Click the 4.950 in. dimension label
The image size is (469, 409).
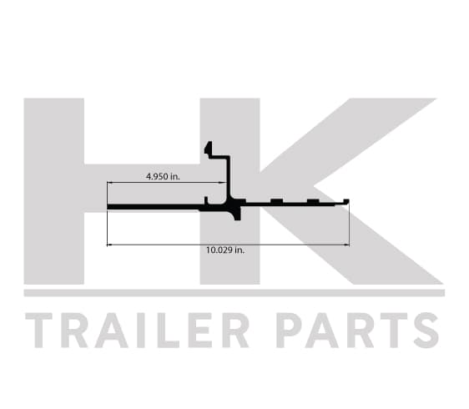(x=163, y=176)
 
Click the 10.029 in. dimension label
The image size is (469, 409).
(x=225, y=250)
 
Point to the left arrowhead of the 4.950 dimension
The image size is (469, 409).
(x=109, y=182)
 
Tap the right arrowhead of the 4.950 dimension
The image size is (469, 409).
(x=224, y=182)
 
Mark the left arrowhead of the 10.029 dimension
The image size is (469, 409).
(x=109, y=245)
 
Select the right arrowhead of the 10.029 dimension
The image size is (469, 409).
(x=347, y=245)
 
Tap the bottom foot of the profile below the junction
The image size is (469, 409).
(x=237, y=216)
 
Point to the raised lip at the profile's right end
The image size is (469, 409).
(x=346, y=201)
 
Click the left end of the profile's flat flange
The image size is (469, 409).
(x=108, y=207)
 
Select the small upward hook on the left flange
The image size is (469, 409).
(x=206, y=200)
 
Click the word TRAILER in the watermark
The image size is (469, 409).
(x=137, y=331)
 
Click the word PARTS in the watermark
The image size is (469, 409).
(x=357, y=331)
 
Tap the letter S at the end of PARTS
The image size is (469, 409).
(x=426, y=331)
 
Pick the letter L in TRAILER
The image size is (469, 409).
(x=168, y=331)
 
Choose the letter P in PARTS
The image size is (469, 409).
(x=290, y=331)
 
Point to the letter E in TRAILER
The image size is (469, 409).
(x=200, y=331)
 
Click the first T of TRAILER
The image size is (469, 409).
(x=39, y=331)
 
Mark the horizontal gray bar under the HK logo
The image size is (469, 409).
(x=234, y=293)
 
